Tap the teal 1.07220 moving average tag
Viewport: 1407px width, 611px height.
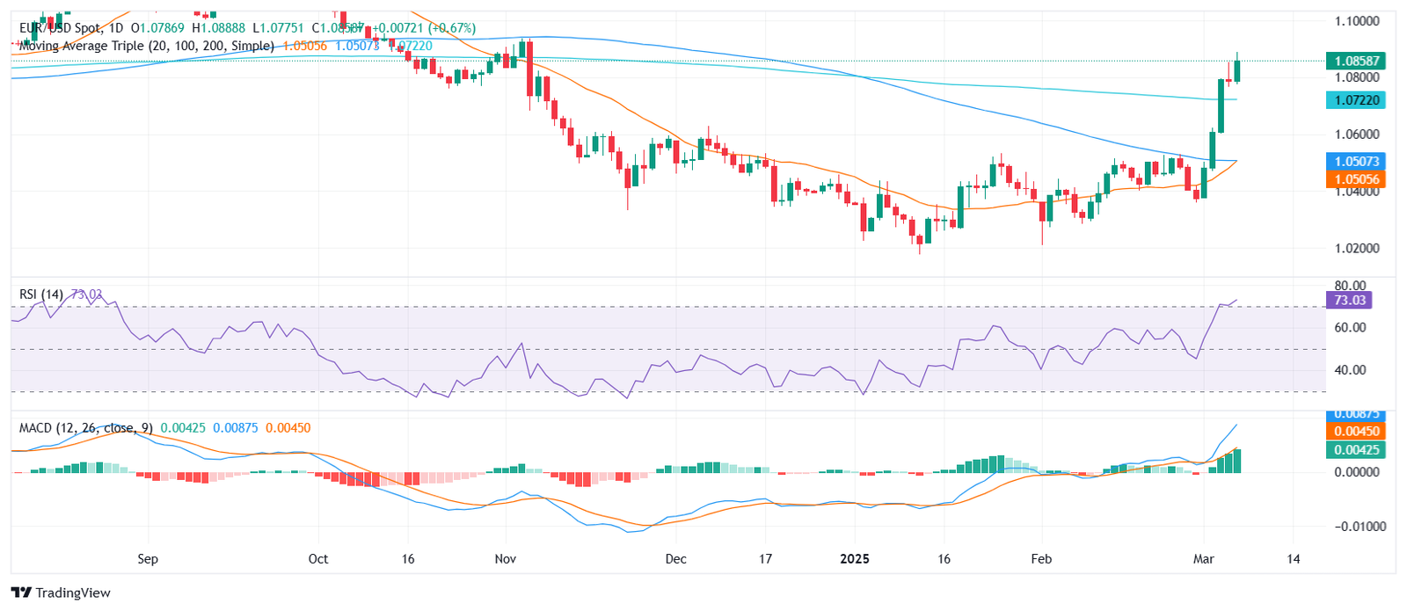point(1356,100)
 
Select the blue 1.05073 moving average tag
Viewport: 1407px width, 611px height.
point(1356,161)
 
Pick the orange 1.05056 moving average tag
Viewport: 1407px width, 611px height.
point(1356,178)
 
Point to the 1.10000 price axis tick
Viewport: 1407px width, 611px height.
point(1356,20)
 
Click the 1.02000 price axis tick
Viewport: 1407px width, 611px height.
point(1356,248)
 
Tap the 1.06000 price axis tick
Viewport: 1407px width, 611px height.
point(1356,134)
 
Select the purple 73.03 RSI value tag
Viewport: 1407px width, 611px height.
point(1349,300)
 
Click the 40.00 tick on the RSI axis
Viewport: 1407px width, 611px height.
point(1350,369)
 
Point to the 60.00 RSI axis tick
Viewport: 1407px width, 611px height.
point(1350,327)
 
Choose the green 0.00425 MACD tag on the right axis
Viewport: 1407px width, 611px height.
point(1356,449)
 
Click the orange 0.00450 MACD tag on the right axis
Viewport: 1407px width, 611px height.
point(1356,431)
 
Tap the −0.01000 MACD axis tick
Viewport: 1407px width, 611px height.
point(1360,526)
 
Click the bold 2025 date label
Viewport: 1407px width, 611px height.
point(854,559)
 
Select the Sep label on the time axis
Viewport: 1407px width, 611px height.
point(148,559)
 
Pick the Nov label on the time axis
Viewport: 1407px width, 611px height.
point(505,559)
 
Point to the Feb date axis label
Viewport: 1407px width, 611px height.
point(1041,559)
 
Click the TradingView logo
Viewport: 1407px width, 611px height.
point(61,593)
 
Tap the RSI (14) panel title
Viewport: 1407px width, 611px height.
point(41,295)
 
